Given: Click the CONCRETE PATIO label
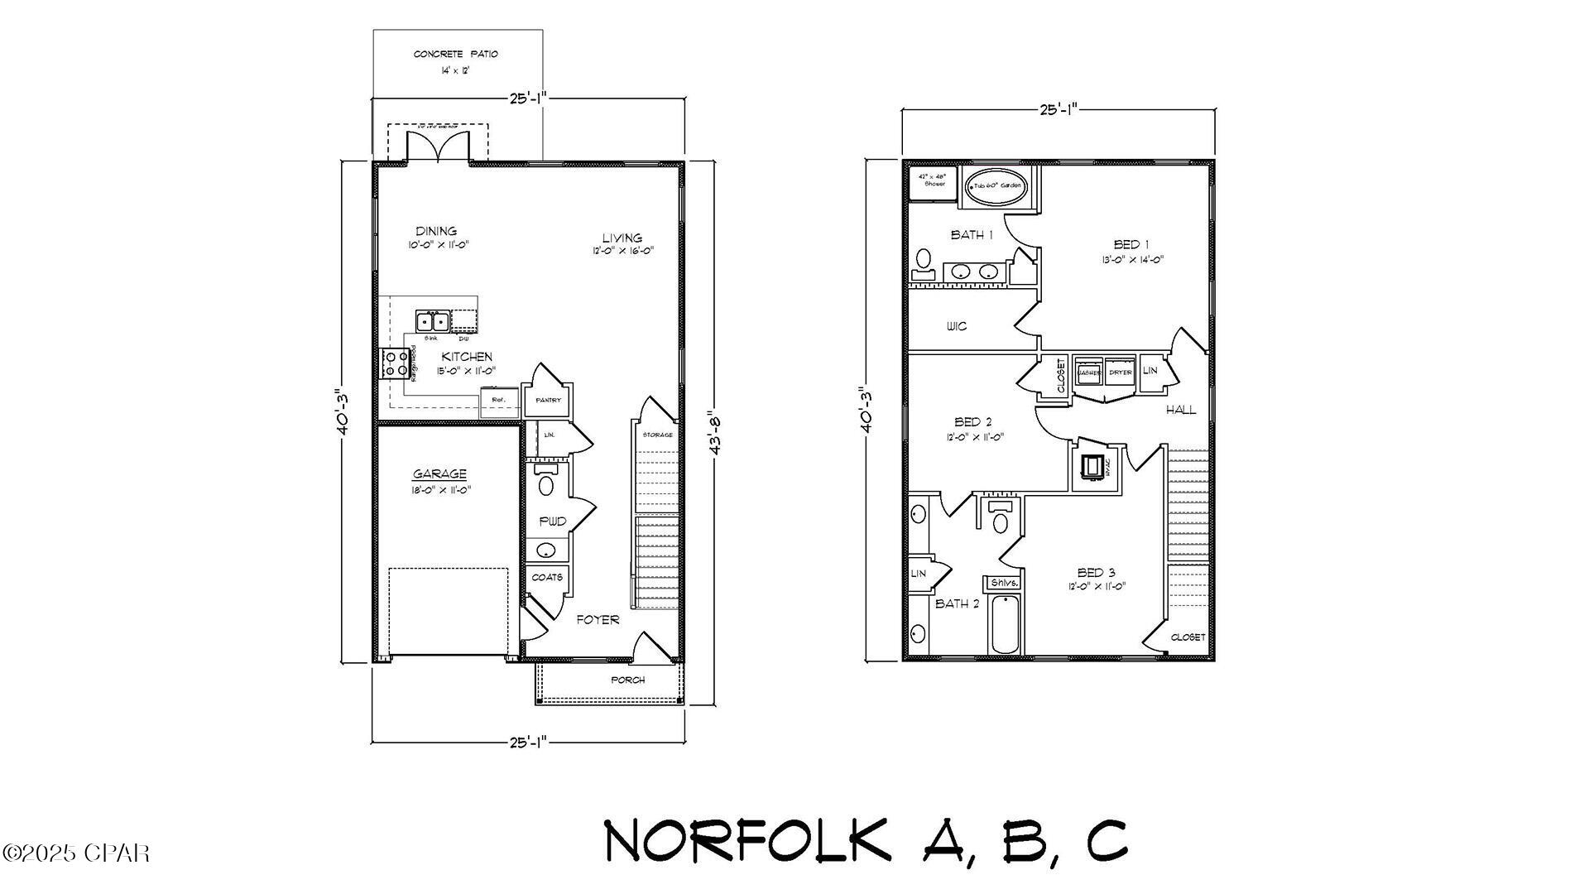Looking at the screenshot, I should [x=456, y=55].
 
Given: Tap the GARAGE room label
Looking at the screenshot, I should [x=439, y=474].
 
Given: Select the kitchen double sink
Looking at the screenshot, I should [x=432, y=320].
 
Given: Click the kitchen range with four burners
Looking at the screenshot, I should [x=393, y=363].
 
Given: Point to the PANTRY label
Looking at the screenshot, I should [x=548, y=400].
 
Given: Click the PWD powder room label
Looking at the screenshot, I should [x=553, y=521].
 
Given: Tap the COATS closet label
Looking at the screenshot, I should [x=547, y=577].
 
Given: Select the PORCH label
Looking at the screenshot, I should [x=627, y=680].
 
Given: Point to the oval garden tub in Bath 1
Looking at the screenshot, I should [x=997, y=186].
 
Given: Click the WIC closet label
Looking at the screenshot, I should [x=956, y=326].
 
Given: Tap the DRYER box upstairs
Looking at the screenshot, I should [x=1121, y=372].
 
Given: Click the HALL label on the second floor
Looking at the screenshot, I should [x=1181, y=410].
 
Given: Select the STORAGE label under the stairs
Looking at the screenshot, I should [x=658, y=435].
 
